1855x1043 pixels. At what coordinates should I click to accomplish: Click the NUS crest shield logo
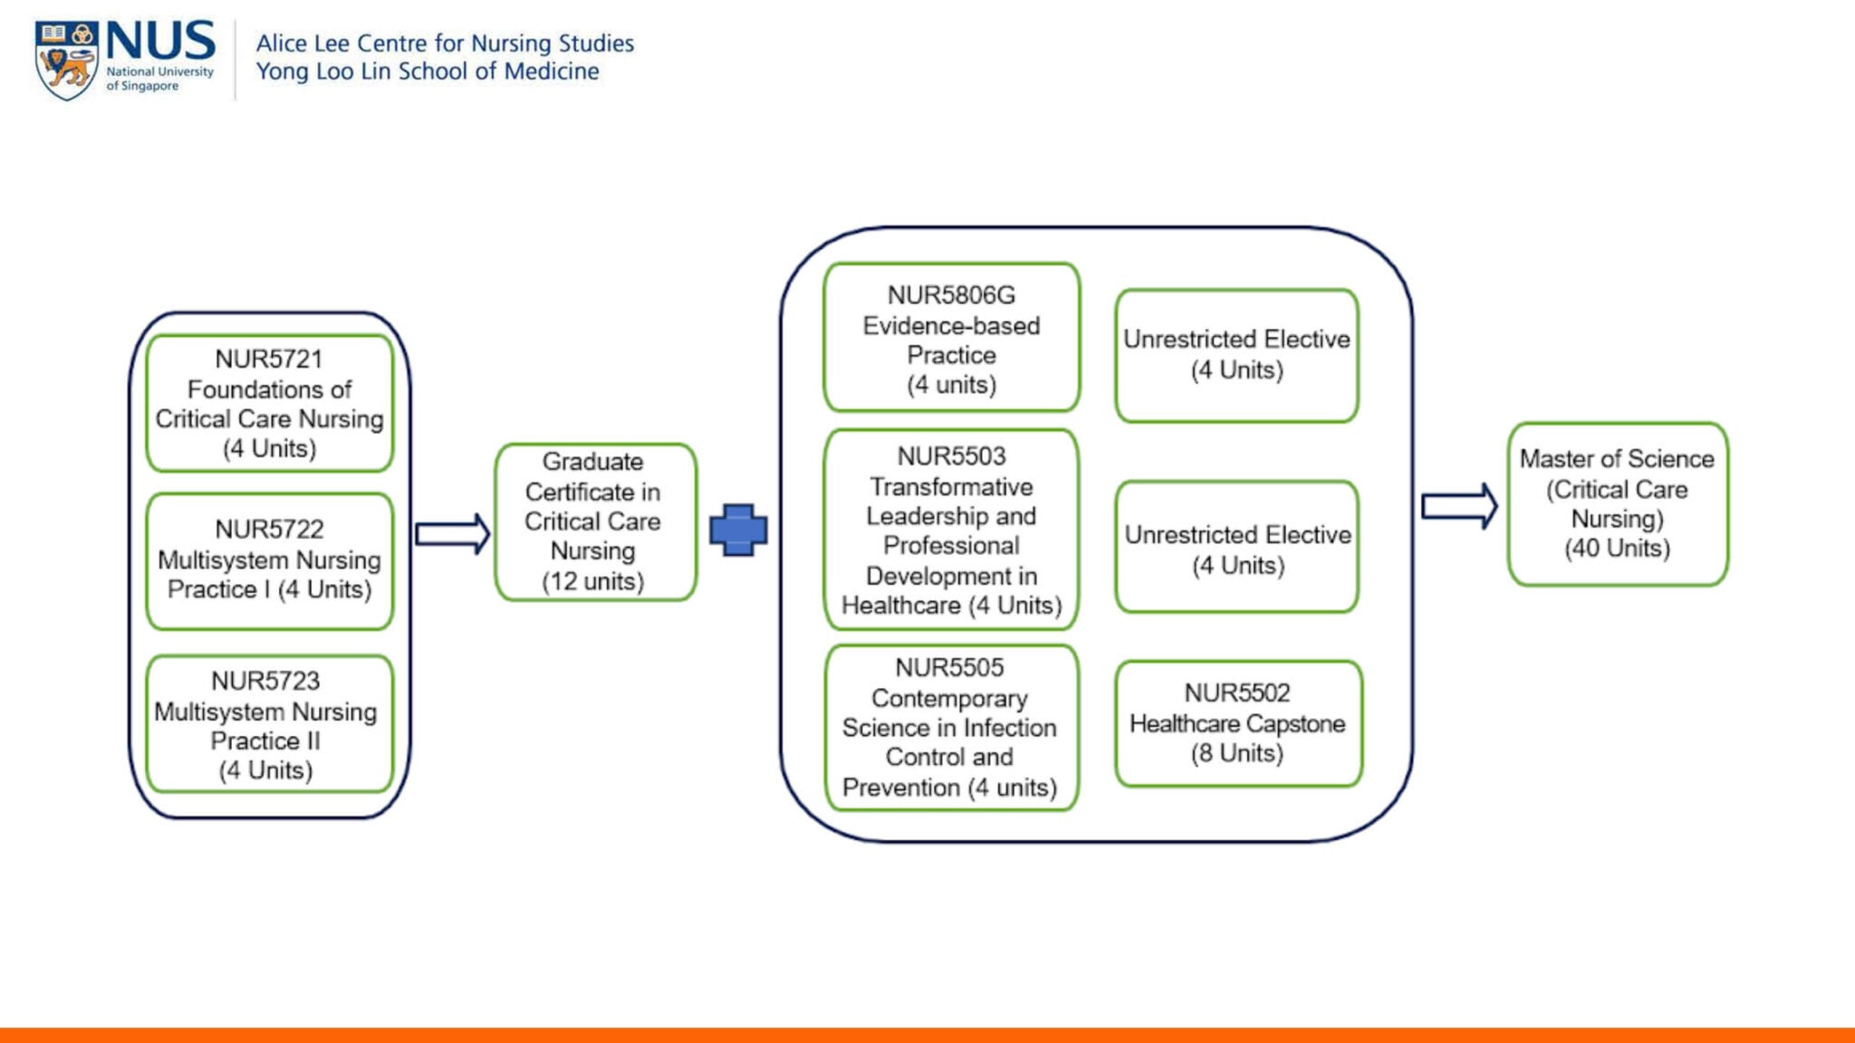[65, 60]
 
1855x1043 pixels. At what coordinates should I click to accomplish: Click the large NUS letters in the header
[160, 42]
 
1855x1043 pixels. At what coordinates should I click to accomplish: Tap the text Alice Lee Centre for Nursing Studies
[444, 43]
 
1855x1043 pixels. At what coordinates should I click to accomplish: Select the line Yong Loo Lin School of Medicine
[427, 72]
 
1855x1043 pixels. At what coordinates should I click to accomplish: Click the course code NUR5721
[269, 359]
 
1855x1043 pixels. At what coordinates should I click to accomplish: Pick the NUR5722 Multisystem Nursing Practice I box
[269, 560]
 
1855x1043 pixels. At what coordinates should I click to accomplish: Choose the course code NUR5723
[265, 681]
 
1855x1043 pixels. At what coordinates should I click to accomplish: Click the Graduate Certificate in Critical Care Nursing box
[594, 521]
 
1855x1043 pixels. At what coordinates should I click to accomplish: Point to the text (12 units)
[593, 581]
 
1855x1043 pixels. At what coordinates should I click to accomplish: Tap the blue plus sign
[738, 530]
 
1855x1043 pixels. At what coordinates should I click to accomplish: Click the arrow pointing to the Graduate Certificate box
[452, 533]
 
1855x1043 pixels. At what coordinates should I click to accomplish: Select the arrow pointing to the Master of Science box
[1458, 506]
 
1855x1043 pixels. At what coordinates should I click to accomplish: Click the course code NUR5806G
[951, 295]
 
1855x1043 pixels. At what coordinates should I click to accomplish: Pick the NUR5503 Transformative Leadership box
[951, 530]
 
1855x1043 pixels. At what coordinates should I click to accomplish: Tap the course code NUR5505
[949, 667]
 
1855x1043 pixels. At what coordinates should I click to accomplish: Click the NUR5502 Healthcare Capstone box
[1237, 723]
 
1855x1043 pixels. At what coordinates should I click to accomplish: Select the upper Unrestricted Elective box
[1236, 355]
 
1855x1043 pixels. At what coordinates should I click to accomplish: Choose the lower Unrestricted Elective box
[1237, 548]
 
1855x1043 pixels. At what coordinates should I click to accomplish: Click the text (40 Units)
[1617, 549]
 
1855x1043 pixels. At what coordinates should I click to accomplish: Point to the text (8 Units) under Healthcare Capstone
[1237, 753]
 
